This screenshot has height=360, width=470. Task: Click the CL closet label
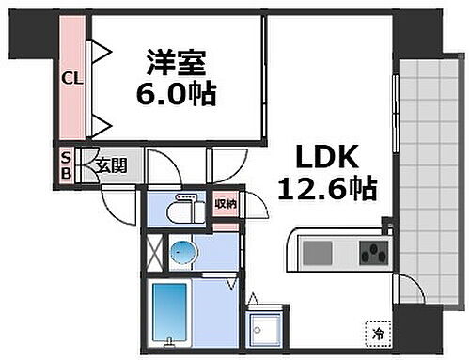[x=71, y=78]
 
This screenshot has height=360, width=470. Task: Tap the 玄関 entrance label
[x=111, y=166]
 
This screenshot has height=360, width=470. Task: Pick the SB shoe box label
[x=66, y=166]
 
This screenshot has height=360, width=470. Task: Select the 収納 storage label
[x=225, y=204]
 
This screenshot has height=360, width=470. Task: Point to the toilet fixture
[x=184, y=209]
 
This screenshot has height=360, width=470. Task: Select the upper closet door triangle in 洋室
[x=100, y=51]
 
